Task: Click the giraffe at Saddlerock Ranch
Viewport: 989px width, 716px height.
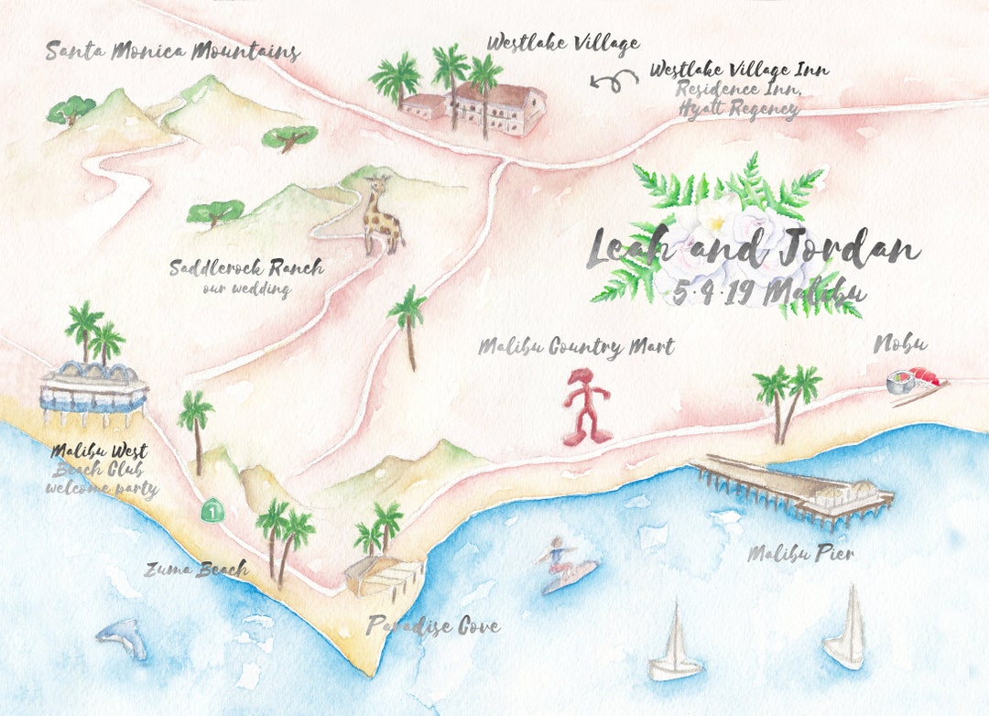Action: coord(383,218)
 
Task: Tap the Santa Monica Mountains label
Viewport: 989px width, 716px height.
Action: coord(172,50)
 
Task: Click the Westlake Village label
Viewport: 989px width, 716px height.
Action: coord(562,43)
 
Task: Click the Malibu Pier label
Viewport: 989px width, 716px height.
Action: coord(800,553)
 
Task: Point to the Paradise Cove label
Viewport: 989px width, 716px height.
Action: coord(433,626)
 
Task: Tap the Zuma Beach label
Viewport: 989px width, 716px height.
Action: coord(195,570)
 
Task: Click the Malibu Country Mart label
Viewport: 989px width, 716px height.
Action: coord(576,347)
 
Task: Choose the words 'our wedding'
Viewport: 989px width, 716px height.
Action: coord(246,289)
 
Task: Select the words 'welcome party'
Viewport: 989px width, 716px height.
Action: coord(102,488)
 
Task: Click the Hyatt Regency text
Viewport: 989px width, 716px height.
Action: coord(738,109)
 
